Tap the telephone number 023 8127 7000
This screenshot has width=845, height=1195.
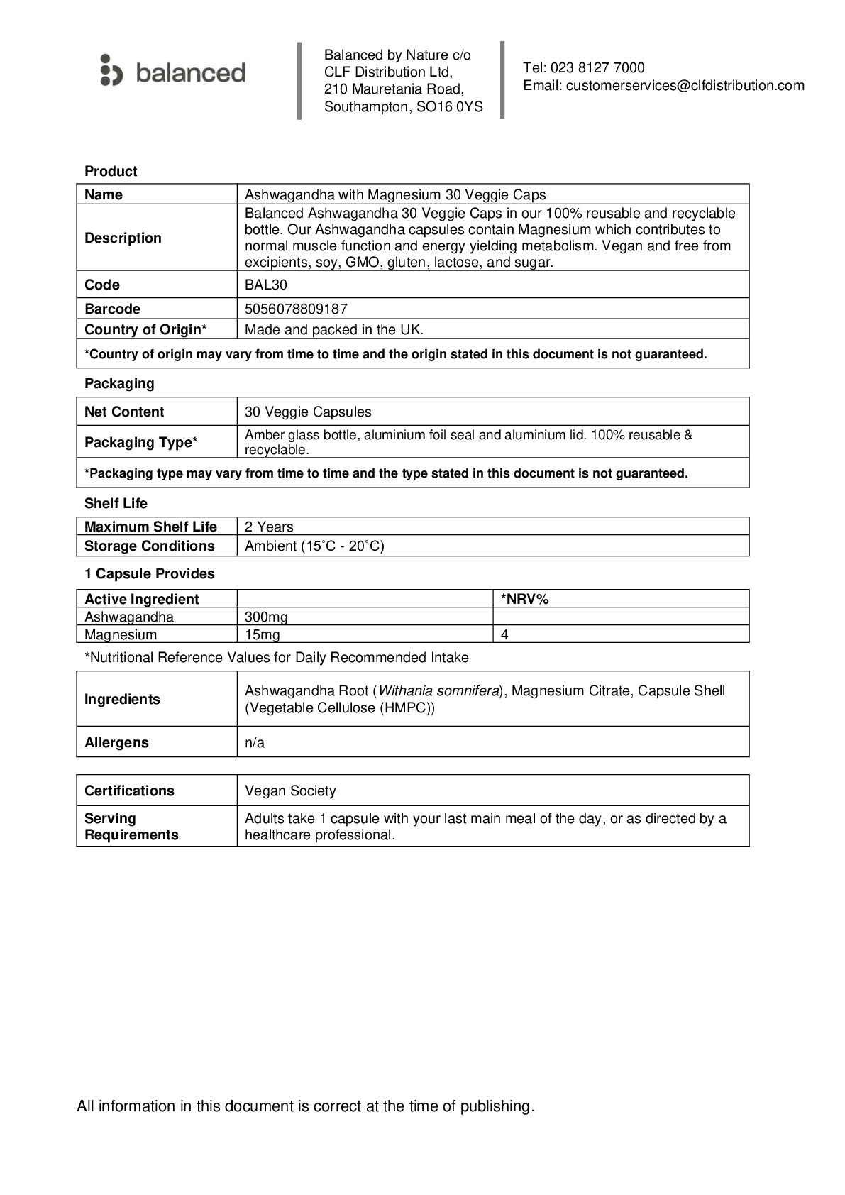597,68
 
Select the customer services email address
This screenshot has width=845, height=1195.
685,86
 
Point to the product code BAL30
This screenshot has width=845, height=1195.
266,285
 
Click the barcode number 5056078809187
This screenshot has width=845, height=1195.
296,309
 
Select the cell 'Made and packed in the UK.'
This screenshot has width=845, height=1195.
333,329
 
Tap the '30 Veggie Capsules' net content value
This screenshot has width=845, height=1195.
308,412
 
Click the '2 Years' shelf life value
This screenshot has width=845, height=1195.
269,527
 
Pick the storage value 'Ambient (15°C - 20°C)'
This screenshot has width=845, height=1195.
314,546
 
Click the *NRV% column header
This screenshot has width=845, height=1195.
525,599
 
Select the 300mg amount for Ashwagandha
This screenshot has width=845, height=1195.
266,617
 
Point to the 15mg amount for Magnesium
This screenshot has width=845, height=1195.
263,635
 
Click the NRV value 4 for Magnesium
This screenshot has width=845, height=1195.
505,635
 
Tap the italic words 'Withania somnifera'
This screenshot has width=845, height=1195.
439,691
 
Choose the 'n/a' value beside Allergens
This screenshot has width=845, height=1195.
255,743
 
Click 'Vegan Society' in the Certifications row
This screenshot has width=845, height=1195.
290,791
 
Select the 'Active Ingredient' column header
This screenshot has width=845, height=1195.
142,599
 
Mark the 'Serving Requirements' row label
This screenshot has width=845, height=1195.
131,827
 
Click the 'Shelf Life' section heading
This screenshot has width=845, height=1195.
116,503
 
